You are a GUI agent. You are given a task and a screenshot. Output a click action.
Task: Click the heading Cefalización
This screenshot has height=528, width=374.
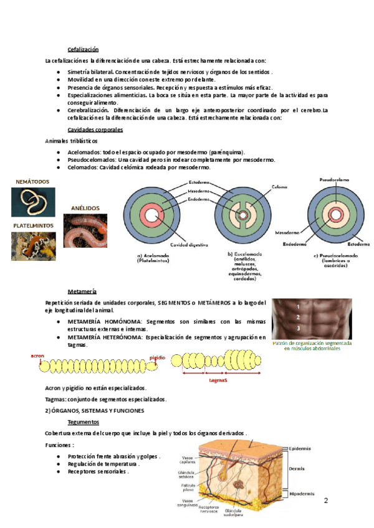83,50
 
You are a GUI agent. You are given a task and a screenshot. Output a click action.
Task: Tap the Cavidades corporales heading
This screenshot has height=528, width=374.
95,130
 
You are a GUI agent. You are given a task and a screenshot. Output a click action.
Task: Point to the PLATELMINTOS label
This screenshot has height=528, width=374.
33,225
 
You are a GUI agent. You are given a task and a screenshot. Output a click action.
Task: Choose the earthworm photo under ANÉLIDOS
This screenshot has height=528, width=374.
85,231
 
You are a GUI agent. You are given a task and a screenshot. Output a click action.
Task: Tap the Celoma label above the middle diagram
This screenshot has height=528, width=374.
279,186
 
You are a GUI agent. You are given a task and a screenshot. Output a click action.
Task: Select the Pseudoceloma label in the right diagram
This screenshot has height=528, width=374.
335,178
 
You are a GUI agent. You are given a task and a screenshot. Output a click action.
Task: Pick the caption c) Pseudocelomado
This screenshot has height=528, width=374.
336,258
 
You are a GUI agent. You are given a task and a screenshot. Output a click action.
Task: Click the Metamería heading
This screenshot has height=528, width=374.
82,291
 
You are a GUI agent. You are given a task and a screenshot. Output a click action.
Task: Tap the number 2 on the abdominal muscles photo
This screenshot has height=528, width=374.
299,317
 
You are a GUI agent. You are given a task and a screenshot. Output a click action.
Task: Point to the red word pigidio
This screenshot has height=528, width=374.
158,358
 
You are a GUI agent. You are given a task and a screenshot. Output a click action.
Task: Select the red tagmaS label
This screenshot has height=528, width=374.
216,379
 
